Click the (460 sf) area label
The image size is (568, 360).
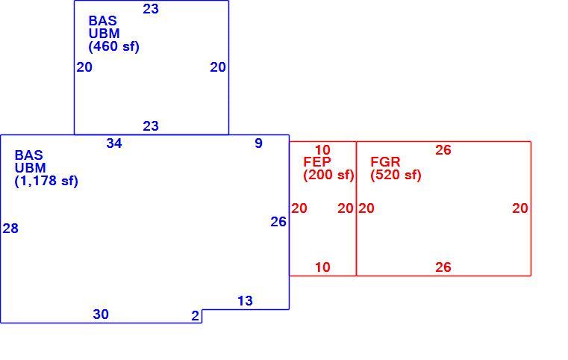[x=113, y=47]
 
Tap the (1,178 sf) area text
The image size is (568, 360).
[x=46, y=181]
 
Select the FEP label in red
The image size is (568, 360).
[x=317, y=161]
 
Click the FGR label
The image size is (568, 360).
[x=385, y=161]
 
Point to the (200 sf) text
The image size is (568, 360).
[x=328, y=175]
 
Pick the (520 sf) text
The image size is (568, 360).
[x=396, y=175]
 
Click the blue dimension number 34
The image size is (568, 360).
[x=114, y=143]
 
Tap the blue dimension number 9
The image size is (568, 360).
[x=258, y=143]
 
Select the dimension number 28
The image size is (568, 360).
[x=10, y=229]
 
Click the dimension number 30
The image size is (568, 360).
[x=101, y=314]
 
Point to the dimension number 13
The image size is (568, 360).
[x=245, y=301]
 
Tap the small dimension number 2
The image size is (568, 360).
[x=196, y=316]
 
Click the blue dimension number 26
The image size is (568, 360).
[x=278, y=222]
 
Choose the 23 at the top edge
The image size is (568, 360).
[x=151, y=9]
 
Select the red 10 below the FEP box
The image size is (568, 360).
[x=322, y=267]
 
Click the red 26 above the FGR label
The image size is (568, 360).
[x=443, y=150]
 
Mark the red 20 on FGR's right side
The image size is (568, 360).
[x=519, y=208]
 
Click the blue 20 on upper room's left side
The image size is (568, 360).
[x=84, y=67]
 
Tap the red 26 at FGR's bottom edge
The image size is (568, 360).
[x=443, y=267]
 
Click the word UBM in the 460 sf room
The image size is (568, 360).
[x=104, y=34]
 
